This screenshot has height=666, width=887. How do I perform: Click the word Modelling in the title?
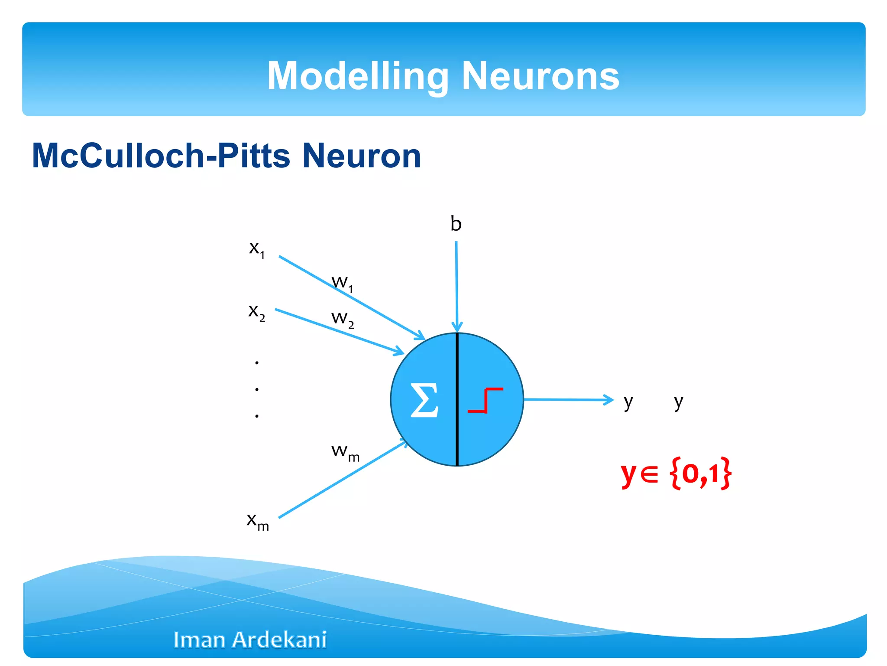click(358, 76)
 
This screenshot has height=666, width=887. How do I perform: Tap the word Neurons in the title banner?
click(541, 76)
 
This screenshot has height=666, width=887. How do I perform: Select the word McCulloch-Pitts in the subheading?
click(161, 156)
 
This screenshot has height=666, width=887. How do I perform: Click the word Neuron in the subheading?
click(361, 156)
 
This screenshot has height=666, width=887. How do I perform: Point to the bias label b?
click(456, 224)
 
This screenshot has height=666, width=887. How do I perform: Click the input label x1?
click(256, 249)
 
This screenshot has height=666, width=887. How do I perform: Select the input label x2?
click(256, 312)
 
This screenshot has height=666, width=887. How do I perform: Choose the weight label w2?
click(342, 319)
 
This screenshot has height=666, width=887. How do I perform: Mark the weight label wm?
click(345, 452)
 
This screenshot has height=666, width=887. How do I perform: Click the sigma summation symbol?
click(424, 400)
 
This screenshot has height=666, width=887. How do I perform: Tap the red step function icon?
click(486, 400)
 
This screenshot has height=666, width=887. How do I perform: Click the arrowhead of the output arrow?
click(610, 400)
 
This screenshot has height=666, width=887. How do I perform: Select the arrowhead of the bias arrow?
click(457, 327)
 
